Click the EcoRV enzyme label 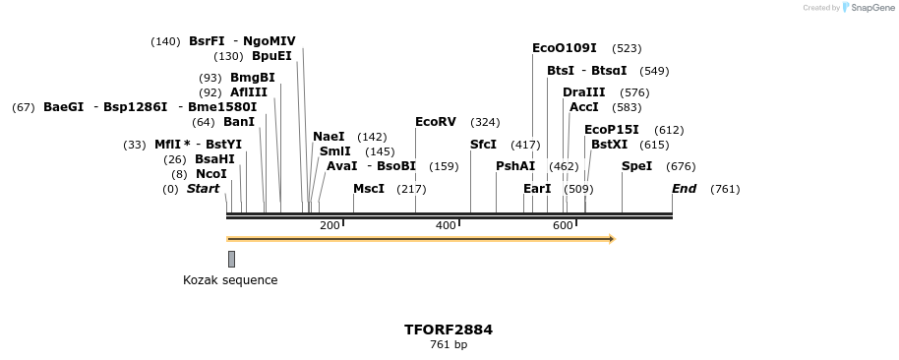pos(436,122)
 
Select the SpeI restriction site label pos(636,166)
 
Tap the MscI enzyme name pos(369,189)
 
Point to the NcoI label pos(211,174)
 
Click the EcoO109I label pos(565,48)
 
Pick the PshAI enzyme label pos(515,166)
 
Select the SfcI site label pos(483,145)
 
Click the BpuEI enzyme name pos(271,56)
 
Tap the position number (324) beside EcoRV pos(485,122)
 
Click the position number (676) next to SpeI pos(681,166)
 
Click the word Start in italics pos(204,189)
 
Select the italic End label pos(684,189)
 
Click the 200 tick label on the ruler pos(330,226)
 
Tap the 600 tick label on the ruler pos(563,226)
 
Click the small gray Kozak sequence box pos(231,259)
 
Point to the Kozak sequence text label pos(230,280)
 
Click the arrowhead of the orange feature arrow pos(611,239)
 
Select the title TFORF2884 pos(449,330)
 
